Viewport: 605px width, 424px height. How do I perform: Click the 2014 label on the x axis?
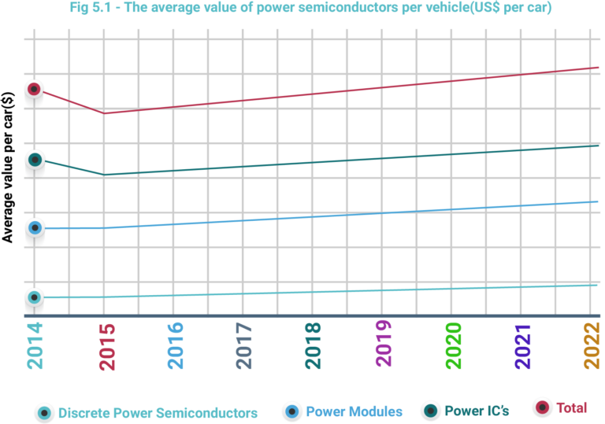tap(35, 345)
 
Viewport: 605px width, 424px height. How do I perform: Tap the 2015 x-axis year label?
tap(106, 345)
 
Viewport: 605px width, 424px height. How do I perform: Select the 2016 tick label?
tap(175, 345)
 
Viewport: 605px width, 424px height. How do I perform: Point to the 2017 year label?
tap(244, 345)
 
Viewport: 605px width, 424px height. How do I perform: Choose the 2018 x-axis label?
tap(314, 345)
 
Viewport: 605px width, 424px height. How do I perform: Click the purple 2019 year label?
tap(384, 344)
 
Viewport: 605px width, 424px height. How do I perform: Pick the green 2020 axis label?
tap(453, 345)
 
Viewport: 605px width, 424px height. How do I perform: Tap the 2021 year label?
tap(523, 345)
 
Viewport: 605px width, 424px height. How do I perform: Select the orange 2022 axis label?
tap(592, 345)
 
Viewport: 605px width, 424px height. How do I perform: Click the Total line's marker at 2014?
tap(33, 89)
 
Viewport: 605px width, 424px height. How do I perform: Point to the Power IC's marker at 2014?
tap(35, 160)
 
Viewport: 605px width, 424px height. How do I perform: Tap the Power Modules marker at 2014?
tap(35, 228)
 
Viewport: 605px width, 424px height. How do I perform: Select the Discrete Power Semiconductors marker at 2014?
tap(34, 297)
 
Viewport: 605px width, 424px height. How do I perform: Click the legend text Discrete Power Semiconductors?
tap(158, 413)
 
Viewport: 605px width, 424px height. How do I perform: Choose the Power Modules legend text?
tap(354, 411)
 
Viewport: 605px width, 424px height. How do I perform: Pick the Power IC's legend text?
tap(477, 411)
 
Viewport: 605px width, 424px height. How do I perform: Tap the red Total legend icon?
tap(542, 407)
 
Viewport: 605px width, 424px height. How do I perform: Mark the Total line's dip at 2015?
tap(104, 113)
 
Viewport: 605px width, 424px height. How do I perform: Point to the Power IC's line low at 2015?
tap(104, 175)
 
